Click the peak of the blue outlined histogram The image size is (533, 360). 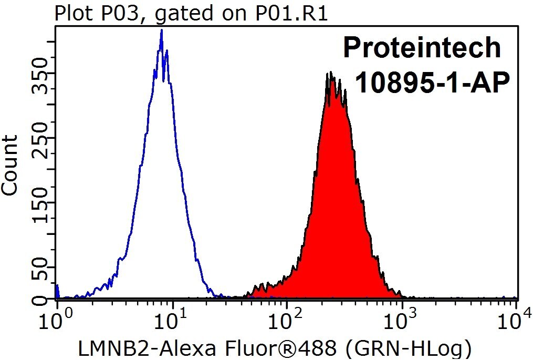(x=161, y=30)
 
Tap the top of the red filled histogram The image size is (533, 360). (x=330, y=72)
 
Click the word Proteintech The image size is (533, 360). (x=422, y=48)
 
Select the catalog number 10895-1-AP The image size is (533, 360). (x=432, y=83)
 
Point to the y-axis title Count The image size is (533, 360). (x=10, y=166)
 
